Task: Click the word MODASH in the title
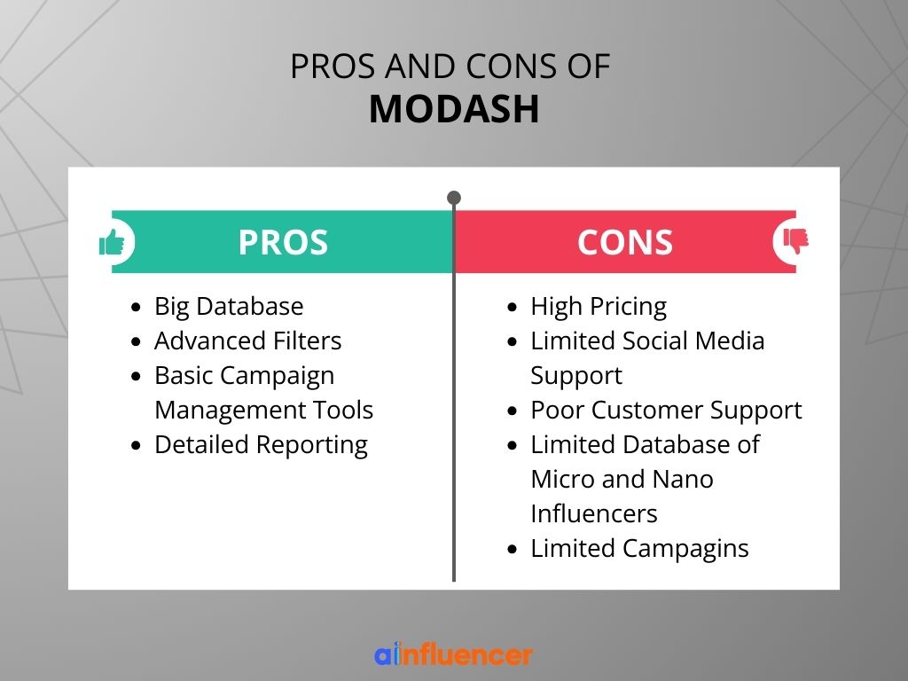454,109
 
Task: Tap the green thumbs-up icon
112,242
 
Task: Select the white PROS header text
283,242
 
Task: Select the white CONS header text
625,242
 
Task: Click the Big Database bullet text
229,306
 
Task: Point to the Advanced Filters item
248,340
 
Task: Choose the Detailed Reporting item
262,445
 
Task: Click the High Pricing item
599,306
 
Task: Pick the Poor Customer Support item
666,411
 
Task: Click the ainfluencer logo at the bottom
453,654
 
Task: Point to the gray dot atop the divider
454,198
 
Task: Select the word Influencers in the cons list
594,514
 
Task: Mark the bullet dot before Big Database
136,307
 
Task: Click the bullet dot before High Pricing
512,307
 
